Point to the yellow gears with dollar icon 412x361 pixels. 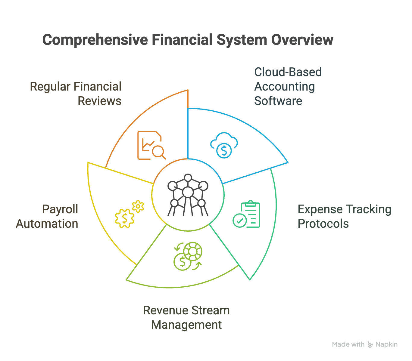tap(130, 214)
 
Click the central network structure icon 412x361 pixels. tap(188, 195)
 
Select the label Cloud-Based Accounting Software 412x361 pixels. tap(288, 86)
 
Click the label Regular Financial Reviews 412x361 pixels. tap(76, 94)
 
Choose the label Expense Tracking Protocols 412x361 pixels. tap(344, 216)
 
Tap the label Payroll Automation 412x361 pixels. tap(47, 216)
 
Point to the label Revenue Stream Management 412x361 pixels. tap(186, 317)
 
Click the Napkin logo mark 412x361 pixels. tap(370, 345)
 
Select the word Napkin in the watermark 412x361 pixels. tap(386, 344)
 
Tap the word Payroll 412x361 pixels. tap(60, 209)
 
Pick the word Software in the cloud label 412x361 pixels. tap(278, 101)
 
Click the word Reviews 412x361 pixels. tap(100, 101)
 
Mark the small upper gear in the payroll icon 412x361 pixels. tap(138, 206)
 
